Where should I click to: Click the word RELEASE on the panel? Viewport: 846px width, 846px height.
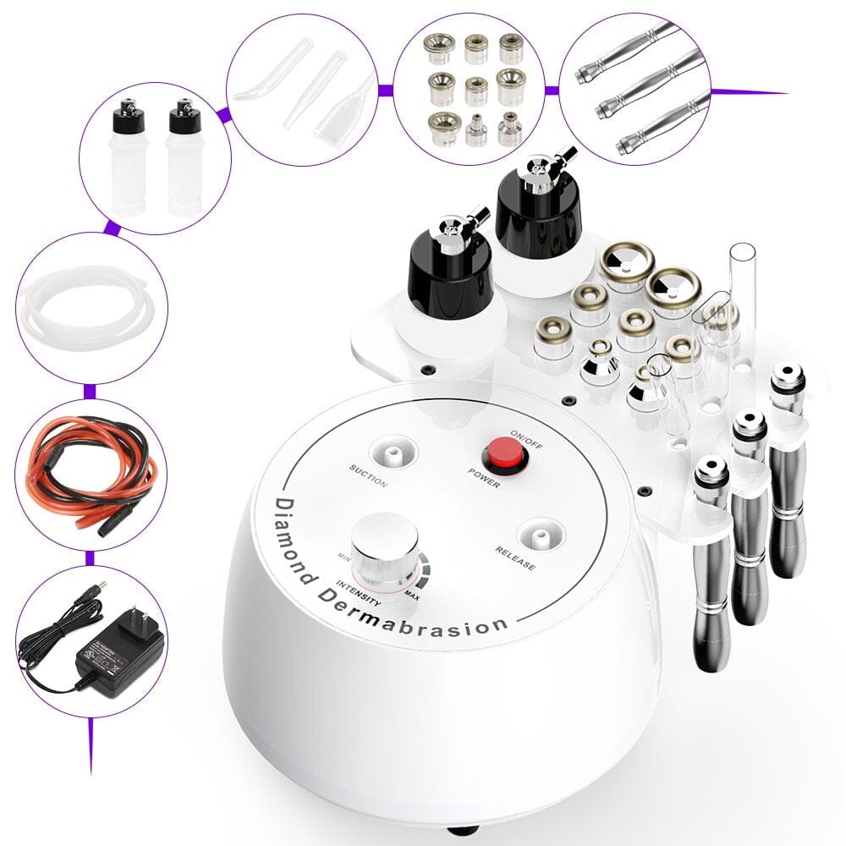point(514,559)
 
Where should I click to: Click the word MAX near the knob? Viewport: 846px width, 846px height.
point(414,598)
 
